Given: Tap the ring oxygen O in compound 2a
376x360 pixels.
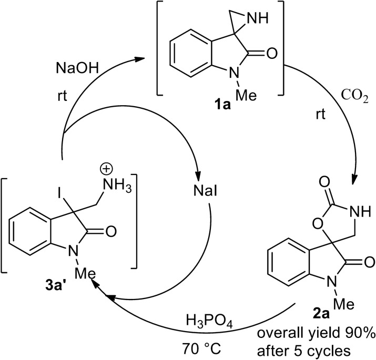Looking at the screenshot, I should pyautogui.click(x=286, y=228).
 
